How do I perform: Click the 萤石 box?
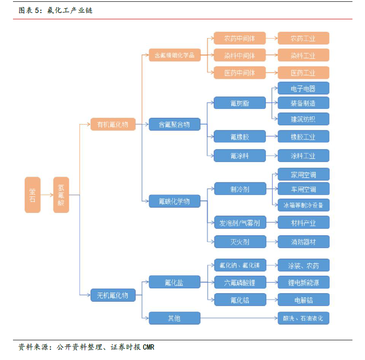(x=33, y=195)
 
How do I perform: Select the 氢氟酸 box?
(x=61, y=195)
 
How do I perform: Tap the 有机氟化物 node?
(x=110, y=124)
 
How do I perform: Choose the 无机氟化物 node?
(x=110, y=295)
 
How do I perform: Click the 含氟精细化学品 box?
(x=175, y=56)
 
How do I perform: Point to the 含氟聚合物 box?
(x=175, y=124)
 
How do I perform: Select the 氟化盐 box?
(x=175, y=282)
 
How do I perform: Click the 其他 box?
(x=175, y=318)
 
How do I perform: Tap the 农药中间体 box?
(x=240, y=39)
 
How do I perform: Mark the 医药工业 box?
(x=303, y=73)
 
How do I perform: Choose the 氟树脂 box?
(x=240, y=103)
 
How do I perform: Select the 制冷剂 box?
(x=240, y=189)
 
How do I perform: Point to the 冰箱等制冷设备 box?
(x=303, y=205)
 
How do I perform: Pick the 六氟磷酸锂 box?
(x=240, y=282)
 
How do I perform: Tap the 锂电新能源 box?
(x=303, y=282)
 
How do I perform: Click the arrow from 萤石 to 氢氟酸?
(x=47, y=195)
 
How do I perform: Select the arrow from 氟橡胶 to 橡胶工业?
(x=271, y=137)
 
